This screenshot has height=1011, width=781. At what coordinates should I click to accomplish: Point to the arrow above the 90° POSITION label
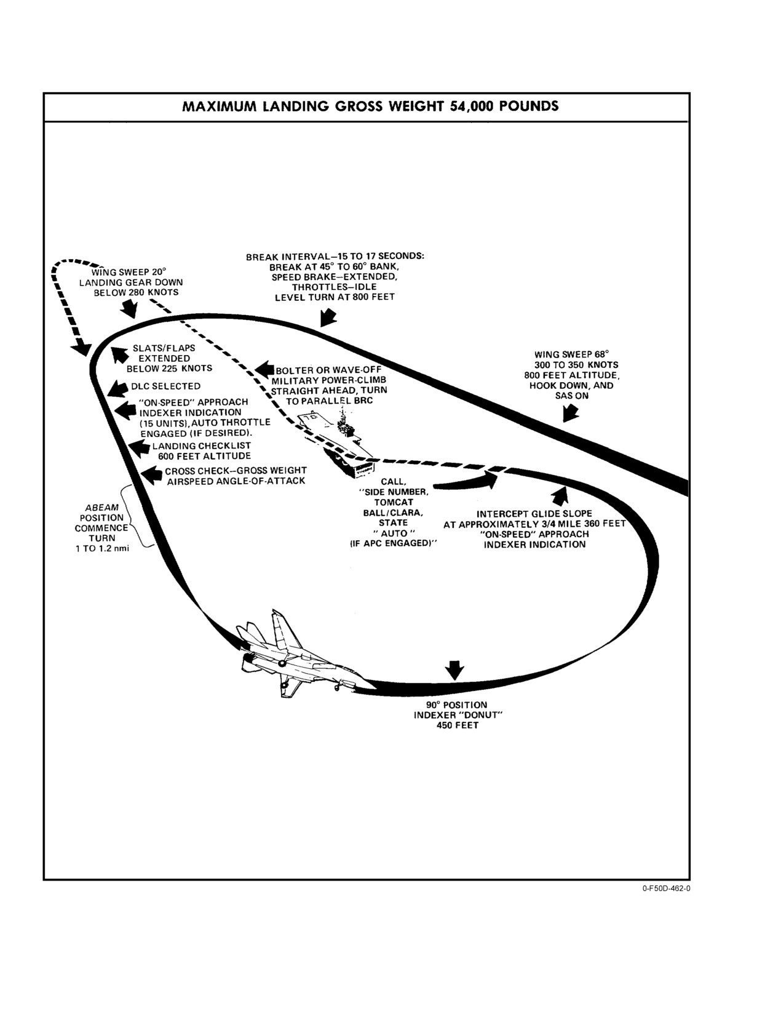454,670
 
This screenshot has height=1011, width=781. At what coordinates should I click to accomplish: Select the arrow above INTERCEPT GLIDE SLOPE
561,495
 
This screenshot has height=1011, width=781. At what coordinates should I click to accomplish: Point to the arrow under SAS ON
570,413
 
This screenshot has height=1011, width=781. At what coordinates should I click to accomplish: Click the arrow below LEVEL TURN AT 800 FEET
328,318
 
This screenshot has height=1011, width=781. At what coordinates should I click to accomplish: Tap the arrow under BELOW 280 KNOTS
129,308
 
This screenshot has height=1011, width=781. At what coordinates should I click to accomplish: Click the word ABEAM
102,507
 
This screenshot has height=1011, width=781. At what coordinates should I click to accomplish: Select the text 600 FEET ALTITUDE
205,456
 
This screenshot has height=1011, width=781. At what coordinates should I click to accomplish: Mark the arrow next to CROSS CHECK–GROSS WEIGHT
151,476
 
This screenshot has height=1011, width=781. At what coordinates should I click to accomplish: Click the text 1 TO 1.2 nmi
102,548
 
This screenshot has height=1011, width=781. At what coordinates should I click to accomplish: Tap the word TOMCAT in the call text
394,502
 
